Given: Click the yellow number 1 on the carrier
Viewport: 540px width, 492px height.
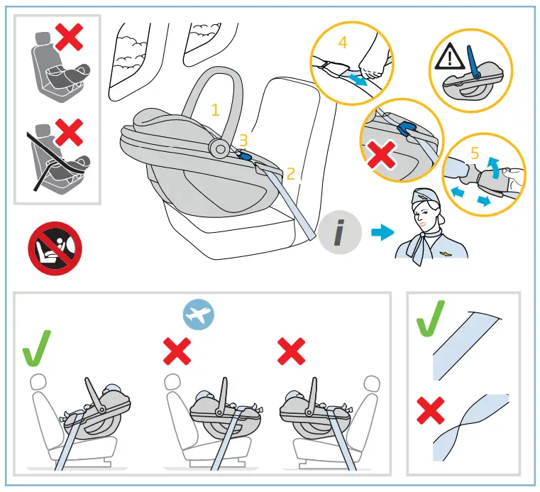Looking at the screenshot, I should [x=216, y=110].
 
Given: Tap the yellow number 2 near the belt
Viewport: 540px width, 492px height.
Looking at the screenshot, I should [x=290, y=173].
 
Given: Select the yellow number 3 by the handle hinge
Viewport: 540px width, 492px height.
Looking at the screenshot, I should [x=243, y=141].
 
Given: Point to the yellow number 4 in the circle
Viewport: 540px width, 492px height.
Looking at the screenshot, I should [x=343, y=42].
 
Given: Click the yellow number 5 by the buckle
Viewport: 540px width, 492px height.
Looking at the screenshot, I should [x=475, y=151].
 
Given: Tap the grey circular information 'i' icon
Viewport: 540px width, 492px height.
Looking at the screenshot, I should [x=340, y=234].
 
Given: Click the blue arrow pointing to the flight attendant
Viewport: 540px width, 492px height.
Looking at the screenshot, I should [x=382, y=233].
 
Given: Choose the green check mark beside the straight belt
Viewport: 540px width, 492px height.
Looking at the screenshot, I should [x=431, y=319].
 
